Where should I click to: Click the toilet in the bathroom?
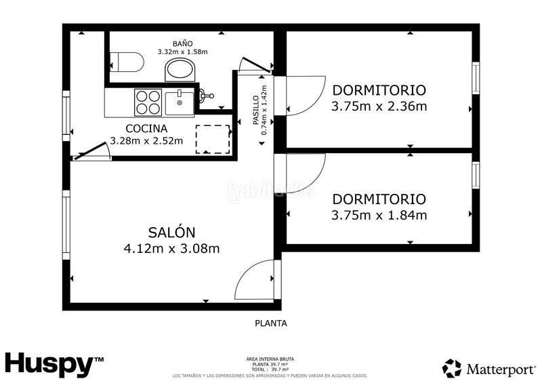point(127,62)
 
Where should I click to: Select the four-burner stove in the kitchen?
point(148,102)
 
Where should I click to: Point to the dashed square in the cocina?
point(212,140)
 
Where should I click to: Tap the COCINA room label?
point(146,128)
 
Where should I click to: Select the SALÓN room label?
point(171,232)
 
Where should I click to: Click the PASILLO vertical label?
point(256,110)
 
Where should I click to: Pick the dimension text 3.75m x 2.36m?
point(379,106)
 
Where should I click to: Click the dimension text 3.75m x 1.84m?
point(379,216)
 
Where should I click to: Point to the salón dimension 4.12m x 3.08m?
point(171,248)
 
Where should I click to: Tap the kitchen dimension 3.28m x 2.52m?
point(146,141)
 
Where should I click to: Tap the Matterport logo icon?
point(452,368)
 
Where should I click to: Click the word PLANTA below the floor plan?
point(270,323)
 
